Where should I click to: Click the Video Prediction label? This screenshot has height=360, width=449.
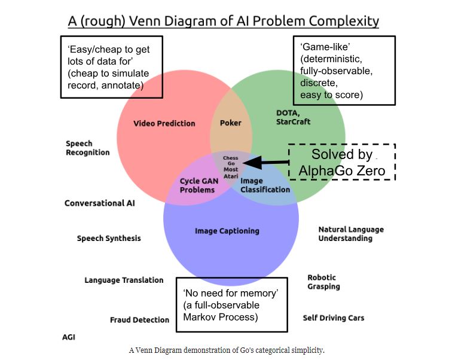point(164,124)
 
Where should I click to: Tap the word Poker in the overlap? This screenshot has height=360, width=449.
point(231,123)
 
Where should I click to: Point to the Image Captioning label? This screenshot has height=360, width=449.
point(227,231)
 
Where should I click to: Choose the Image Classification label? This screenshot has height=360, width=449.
point(265,185)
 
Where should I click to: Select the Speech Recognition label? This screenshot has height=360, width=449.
point(87,148)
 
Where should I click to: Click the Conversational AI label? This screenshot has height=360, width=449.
point(99,203)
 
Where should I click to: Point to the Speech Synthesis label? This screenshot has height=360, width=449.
point(109,239)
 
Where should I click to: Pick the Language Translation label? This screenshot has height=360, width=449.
point(123,280)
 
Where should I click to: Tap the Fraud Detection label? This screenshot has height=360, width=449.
point(139,320)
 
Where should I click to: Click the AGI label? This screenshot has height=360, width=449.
point(69,337)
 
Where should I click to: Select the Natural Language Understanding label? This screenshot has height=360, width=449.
point(351,234)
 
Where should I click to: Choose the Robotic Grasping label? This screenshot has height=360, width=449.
point(323,282)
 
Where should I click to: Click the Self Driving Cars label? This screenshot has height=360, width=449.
point(333,318)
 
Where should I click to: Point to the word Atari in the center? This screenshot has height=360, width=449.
point(230,176)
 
